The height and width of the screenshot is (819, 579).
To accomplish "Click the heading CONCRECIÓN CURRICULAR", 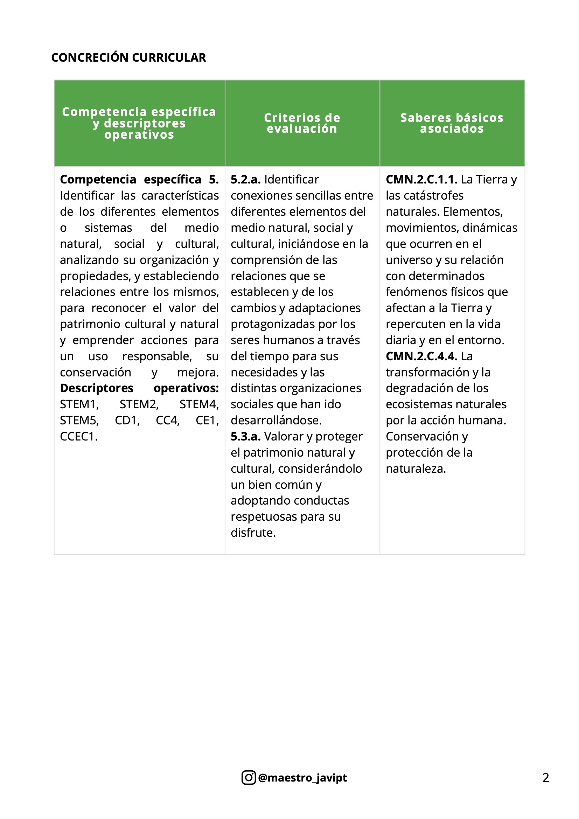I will click(128, 57).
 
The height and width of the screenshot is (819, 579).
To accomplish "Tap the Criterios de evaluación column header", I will click(302, 123).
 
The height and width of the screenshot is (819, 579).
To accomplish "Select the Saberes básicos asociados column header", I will click(452, 123).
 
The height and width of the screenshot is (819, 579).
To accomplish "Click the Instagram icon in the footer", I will click(249, 777).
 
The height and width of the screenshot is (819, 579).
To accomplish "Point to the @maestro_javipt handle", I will click(302, 777).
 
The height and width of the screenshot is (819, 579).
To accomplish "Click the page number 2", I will click(545, 778).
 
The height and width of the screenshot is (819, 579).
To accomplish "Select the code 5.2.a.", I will click(245, 179).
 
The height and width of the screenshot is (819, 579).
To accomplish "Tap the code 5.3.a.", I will click(245, 436).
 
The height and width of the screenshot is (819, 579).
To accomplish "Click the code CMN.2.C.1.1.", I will click(421, 179).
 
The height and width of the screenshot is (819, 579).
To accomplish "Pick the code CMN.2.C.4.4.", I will click(421, 356).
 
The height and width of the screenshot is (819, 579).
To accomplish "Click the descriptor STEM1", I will click(79, 404).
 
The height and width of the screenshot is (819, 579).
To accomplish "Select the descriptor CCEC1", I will click(78, 436).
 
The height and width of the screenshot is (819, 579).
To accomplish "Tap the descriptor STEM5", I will click(79, 420).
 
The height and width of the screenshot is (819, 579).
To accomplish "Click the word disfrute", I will click(253, 533).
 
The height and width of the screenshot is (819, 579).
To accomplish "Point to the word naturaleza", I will click(416, 469).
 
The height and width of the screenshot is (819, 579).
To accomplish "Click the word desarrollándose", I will click(276, 420).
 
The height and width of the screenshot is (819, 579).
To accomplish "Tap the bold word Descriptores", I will click(97, 388).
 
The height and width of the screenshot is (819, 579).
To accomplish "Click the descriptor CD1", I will click(127, 420).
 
